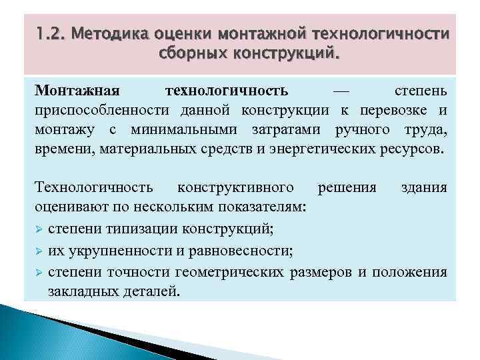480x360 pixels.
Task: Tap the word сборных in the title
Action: coord(186,53)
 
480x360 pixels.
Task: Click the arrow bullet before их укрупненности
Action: coord(39,251)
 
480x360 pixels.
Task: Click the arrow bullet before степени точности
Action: coord(39,272)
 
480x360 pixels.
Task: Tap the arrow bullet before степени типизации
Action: coord(39,229)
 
